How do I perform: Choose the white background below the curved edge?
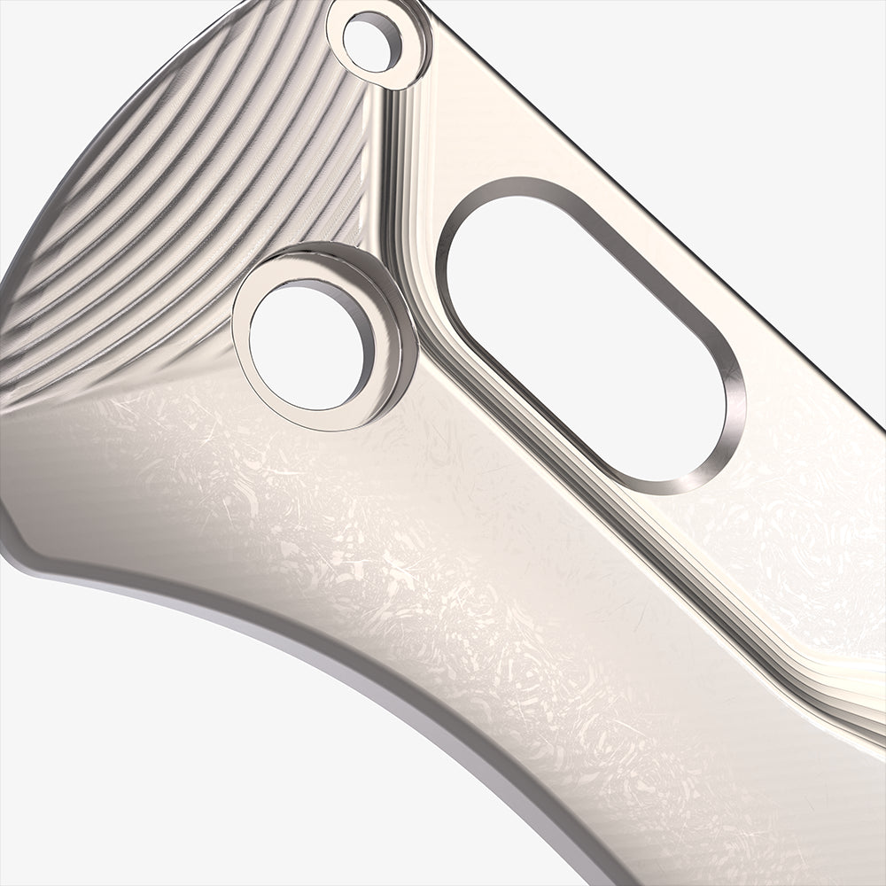[x=177, y=753]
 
